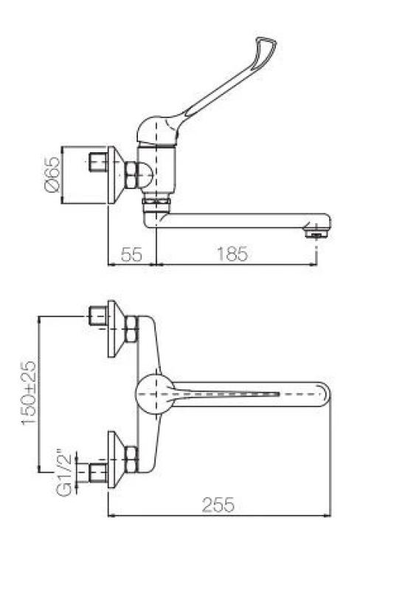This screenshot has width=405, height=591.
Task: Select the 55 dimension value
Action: (131, 254)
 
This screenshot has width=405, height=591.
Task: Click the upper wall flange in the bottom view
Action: (114, 328)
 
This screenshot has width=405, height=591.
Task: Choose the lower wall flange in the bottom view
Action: (114, 460)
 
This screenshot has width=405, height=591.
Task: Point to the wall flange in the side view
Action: (115, 174)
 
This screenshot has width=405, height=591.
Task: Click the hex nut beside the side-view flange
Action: (132, 175)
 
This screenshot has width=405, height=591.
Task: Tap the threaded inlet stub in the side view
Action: (95, 161)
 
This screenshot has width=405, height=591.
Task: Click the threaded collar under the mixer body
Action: (156, 202)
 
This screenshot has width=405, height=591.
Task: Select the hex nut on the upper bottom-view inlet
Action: (132, 329)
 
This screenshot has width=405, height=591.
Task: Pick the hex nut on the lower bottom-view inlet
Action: (132, 460)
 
